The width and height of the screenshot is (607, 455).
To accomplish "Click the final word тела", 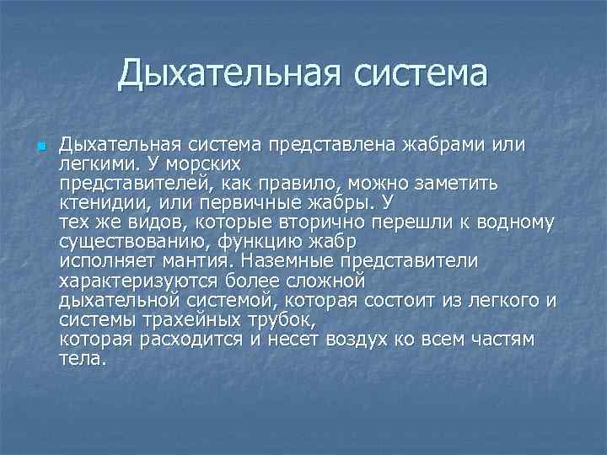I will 83,359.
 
